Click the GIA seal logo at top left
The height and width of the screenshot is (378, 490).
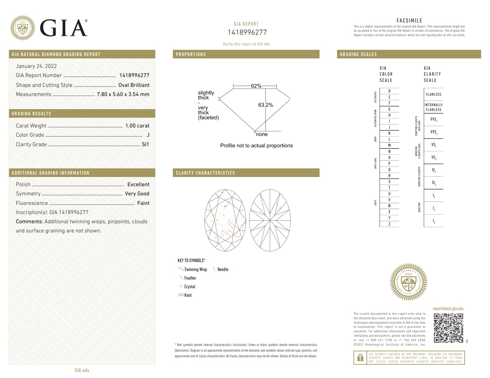click(23, 28)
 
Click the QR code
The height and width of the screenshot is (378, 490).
click(448, 328)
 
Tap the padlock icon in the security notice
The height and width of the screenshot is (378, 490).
click(360, 358)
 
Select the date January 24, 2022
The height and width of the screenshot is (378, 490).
click(36, 66)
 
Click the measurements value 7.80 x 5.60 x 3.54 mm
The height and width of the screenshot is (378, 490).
click(123, 94)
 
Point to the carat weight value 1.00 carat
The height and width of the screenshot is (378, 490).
click(137, 126)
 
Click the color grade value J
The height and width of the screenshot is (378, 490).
click(148, 135)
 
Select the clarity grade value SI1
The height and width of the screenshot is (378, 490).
click(145, 144)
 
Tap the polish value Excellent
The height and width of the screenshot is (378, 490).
click(138, 184)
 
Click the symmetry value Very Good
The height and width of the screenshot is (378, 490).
click(137, 194)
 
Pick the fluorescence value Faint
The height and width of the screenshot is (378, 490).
click(143, 203)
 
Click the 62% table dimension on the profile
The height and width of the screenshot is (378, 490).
click(256, 86)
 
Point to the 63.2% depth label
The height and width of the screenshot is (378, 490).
click(265, 105)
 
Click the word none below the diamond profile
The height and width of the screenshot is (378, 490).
click(262, 134)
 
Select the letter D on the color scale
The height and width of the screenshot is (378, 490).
click(389, 91)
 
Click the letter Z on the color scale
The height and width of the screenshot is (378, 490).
click(389, 224)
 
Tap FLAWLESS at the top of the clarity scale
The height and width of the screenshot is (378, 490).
click(434, 94)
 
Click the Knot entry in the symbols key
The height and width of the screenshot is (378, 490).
click(188, 295)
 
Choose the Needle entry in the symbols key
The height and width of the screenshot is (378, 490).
click(223, 269)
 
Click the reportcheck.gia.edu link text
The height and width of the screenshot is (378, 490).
click(448, 309)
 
